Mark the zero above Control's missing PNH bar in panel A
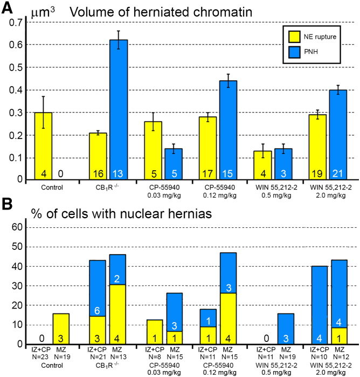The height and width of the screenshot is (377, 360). click(x=61, y=173)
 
